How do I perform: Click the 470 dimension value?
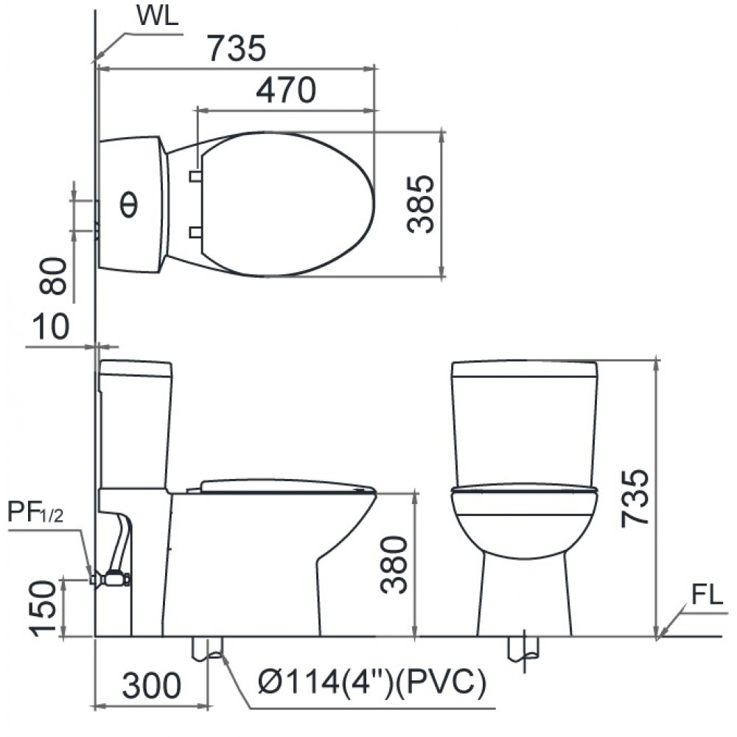pos(286,90)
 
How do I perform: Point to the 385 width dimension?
pos(421,204)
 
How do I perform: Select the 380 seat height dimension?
pos(395,565)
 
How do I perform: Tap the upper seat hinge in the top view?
pos(195,175)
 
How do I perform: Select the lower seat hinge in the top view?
pos(195,233)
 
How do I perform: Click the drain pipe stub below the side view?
pos(208,648)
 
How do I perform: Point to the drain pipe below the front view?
pos(523,648)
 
